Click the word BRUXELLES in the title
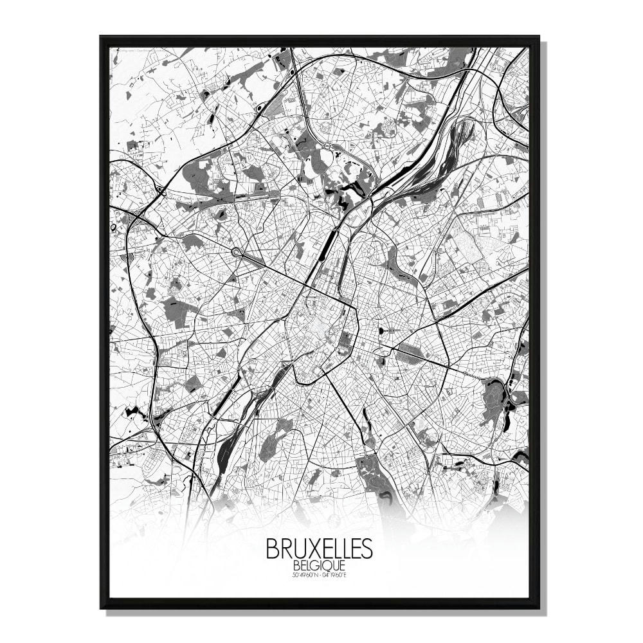318,548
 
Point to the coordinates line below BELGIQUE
319,574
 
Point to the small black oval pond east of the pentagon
384,331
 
